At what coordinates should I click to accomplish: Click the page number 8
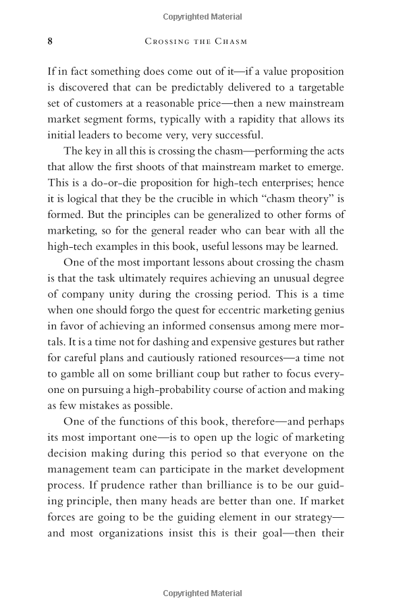coord(51,41)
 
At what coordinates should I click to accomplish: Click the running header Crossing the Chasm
coord(196,41)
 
